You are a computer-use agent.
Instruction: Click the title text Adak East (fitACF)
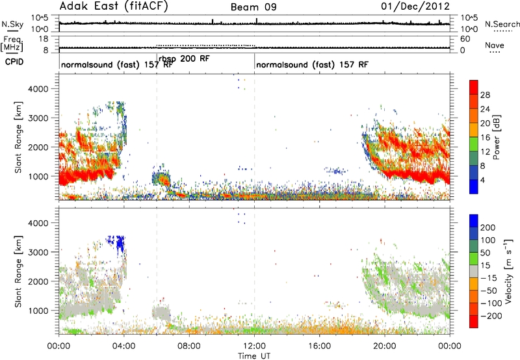click(114, 6)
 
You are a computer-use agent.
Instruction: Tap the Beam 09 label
click(253, 7)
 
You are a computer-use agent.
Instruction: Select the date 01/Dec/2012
click(415, 6)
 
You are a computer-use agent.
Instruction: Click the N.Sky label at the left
click(12, 24)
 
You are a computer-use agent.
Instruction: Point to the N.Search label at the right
click(502, 24)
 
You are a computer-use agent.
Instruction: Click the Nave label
click(495, 45)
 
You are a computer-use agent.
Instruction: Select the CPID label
click(14, 62)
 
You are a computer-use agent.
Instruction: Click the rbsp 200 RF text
click(184, 58)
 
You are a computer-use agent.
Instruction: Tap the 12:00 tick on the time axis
click(254, 346)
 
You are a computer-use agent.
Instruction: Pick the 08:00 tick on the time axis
click(189, 346)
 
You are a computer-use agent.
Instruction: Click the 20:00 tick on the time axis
click(385, 346)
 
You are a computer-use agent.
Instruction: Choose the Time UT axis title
click(254, 355)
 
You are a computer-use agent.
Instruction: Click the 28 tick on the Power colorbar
click(485, 95)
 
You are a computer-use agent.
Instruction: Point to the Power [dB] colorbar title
click(497, 137)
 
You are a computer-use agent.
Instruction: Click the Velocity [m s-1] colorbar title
click(508, 271)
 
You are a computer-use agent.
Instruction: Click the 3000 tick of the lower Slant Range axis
click(40, 252)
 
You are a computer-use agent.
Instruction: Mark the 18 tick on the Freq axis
click(44, 39)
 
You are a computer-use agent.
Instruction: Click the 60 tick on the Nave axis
click(465, 39)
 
